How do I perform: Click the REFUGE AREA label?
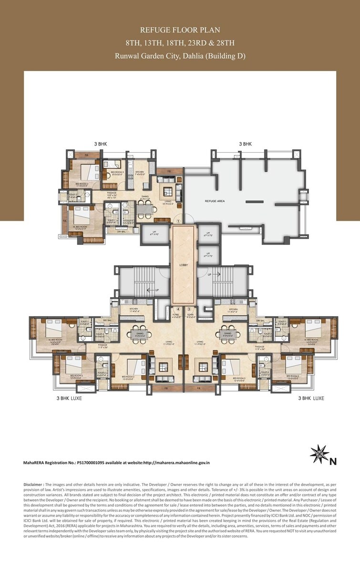point(215,201)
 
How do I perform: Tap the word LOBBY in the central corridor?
point(184,265)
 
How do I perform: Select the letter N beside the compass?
point(333,461)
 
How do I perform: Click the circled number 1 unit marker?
point(178,221)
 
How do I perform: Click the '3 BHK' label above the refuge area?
point(245,144)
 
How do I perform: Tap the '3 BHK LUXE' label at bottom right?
point(311,397)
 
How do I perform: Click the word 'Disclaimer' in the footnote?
point(34,484)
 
